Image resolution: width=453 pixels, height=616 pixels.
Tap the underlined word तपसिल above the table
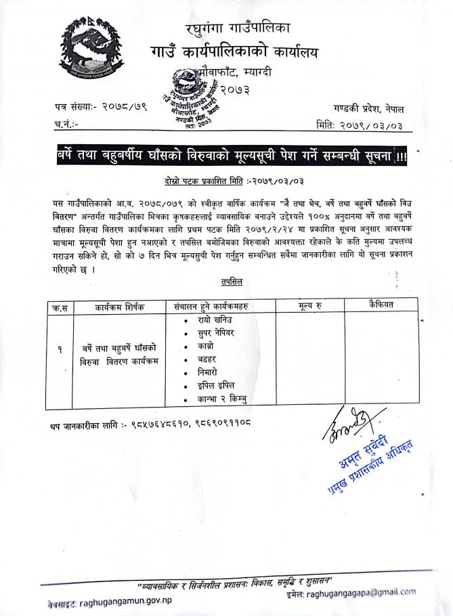click(x=232, y=280)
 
